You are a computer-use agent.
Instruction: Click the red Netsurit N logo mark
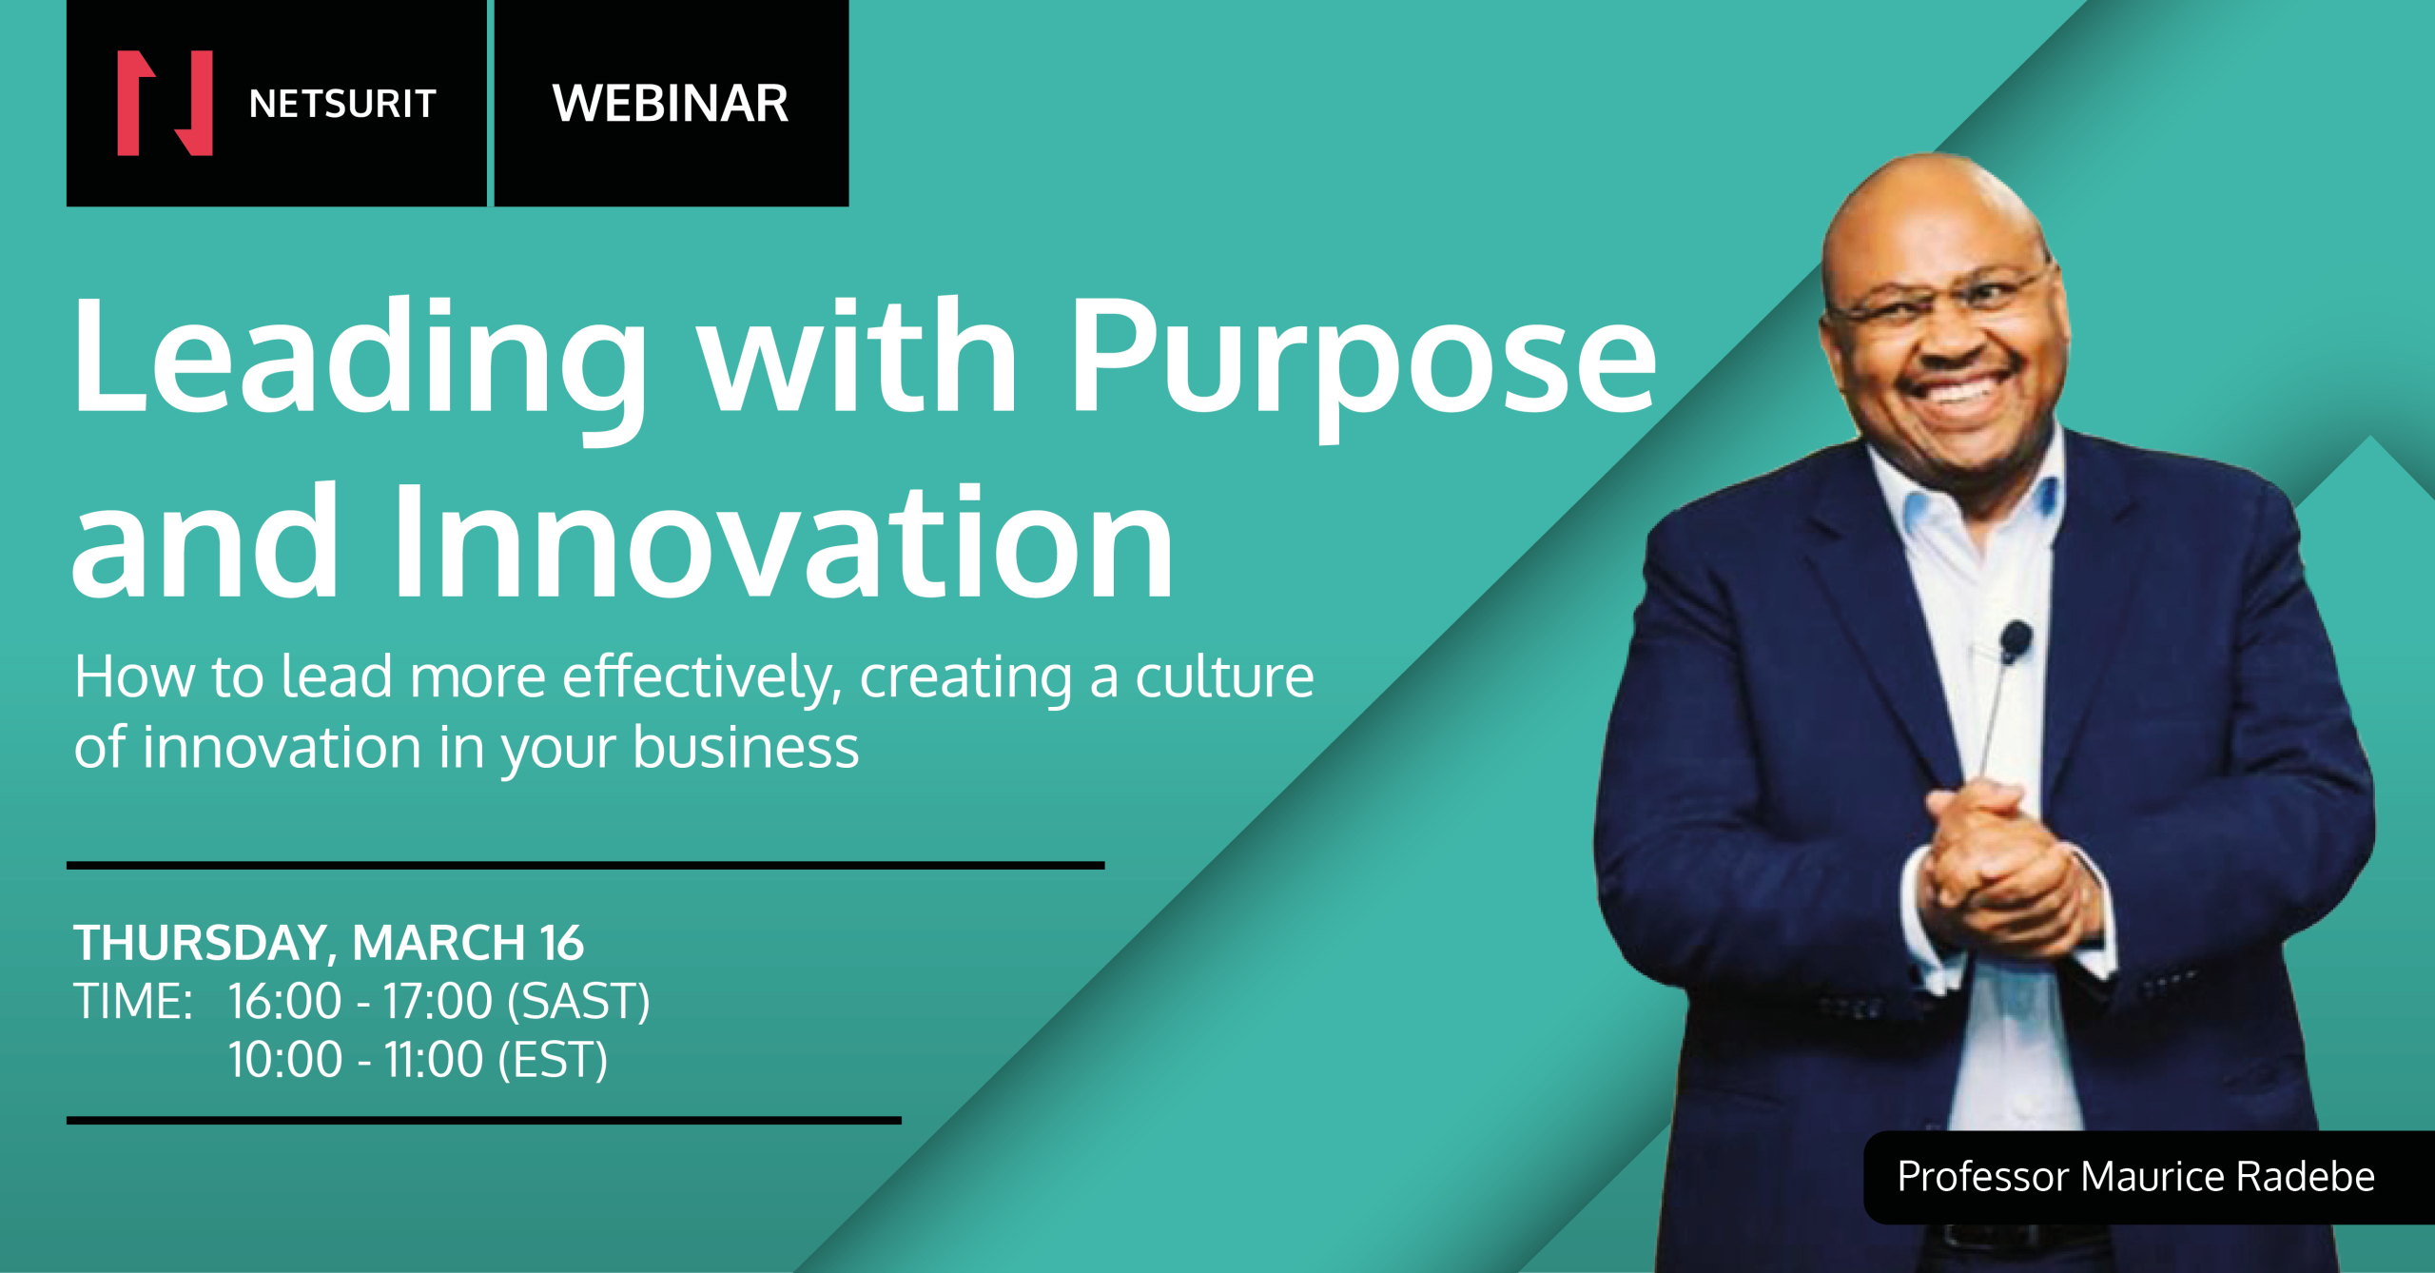coord(165,103)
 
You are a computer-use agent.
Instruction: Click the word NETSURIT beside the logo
coord(342,104)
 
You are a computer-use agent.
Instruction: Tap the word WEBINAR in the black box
coord(671,103)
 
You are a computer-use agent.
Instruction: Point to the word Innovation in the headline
coord(783,542)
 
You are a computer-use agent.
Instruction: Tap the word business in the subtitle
coord(746,748)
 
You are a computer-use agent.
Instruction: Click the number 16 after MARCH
coord(562,943)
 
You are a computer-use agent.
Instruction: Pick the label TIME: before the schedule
coord(134,1001)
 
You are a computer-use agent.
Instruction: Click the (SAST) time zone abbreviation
coord(579,1002)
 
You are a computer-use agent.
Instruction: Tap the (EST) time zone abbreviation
coord(553,1060)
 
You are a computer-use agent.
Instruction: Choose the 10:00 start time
coord(285,1060)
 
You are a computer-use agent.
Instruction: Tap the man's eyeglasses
coord(1940,300)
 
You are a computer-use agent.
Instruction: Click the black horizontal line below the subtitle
coord(586,866)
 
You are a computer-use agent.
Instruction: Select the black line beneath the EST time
coord(484,1121)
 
